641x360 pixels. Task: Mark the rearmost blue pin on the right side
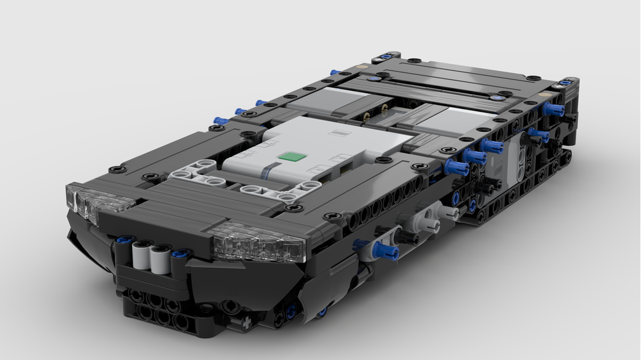(x=553, y=110)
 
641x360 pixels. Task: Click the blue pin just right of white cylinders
(x=180, y=254)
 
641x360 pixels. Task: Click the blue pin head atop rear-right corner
(x=567, y=82)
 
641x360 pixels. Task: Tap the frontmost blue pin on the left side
(x=221, y=120)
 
